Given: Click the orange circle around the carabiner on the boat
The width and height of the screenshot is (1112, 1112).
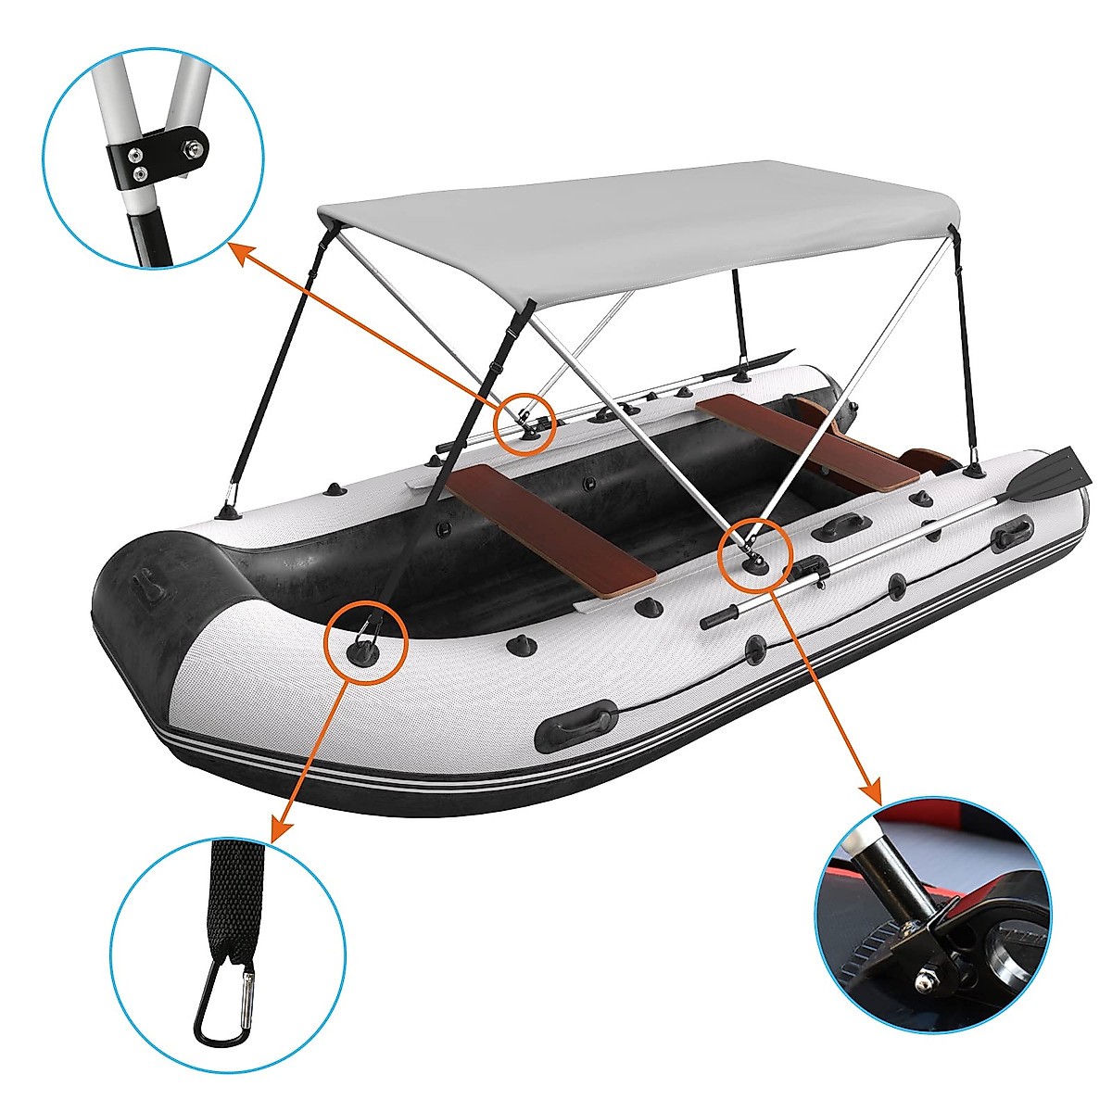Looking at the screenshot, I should [x=366, y=640].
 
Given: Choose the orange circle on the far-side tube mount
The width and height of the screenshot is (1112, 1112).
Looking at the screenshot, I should [x=524, y=423].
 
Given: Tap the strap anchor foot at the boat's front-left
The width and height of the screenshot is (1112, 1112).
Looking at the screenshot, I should [x=228, y=511].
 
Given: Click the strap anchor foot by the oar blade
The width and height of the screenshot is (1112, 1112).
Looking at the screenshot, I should [x=973, y=472].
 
